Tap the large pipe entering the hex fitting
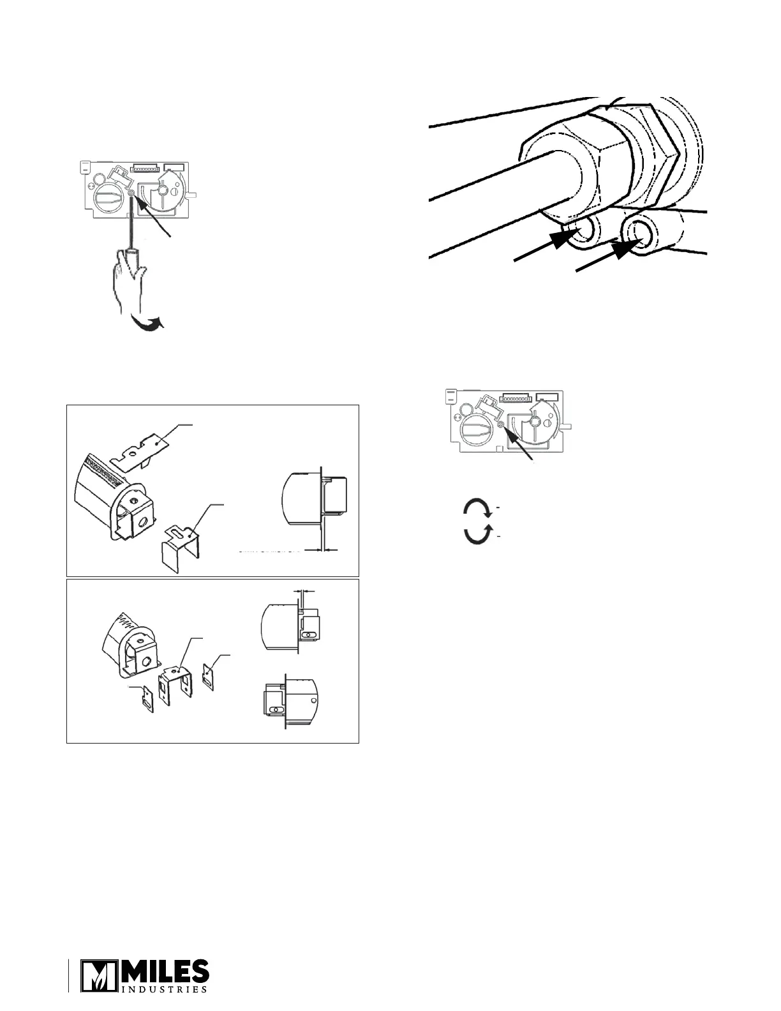click(x=485, y=191)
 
